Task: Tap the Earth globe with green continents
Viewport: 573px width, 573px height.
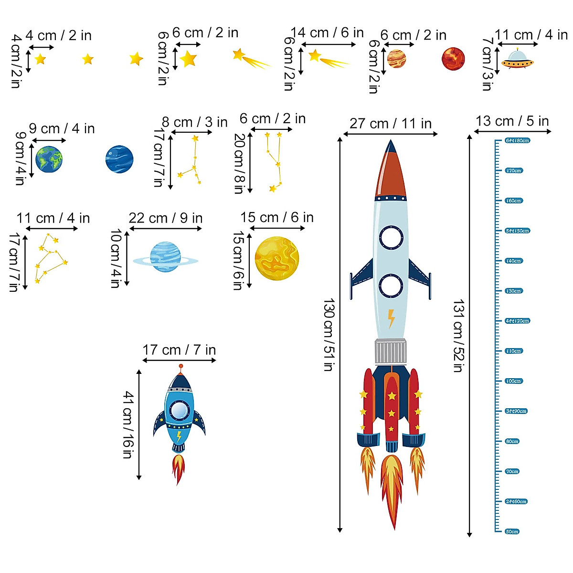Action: (x=49, y=159)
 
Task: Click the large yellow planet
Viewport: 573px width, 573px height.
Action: (x=277, y=259)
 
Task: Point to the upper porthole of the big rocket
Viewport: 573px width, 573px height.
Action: (x=391, y=237)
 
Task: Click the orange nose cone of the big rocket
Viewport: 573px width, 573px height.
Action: (x=391, y=172)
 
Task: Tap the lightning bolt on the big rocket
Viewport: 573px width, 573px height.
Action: (x=391, y=318)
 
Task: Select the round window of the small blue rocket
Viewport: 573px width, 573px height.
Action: (x=179, y=410)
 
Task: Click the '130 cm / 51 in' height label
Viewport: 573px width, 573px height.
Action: (x=329, y=335)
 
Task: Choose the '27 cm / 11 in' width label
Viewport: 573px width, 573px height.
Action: (x=390, y=124)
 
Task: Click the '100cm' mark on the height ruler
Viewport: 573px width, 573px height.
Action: (x=514, y=381)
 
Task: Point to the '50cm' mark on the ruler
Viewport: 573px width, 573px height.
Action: (x=512, y=531)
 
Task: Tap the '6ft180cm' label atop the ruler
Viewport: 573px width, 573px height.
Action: (x=518, y=140)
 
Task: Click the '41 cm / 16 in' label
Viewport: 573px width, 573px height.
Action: (x=128, y=424)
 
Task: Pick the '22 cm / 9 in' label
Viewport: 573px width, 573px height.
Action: (x=165, y=218)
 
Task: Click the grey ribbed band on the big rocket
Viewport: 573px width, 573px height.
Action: (x=391, y=352)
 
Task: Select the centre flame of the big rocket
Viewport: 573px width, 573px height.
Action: (x=392, y=487)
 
